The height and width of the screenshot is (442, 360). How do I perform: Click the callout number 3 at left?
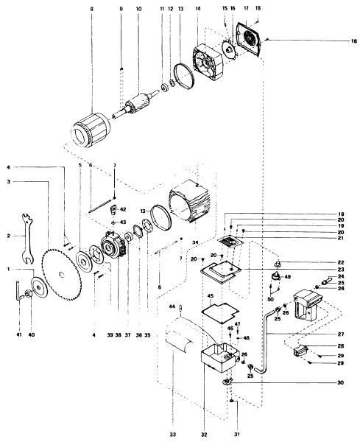(x=6, y=181)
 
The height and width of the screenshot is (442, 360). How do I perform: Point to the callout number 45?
(x=210, y=297)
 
